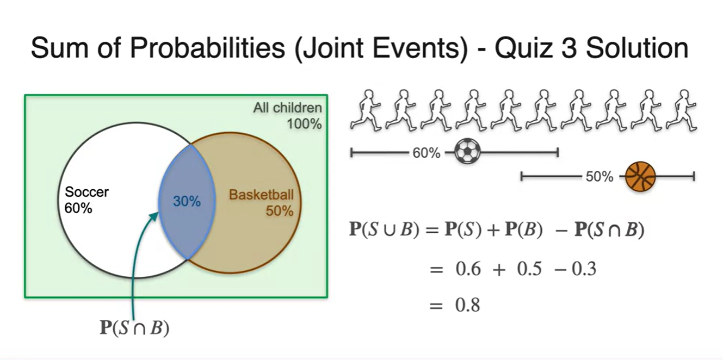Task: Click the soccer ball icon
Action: click(x=467, y=152)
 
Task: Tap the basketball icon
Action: click(x=640, y=176)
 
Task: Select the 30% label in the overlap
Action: click(x=187, y=201)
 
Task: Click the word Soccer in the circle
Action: click(x=87, y=192)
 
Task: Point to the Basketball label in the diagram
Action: click(x=261, y=195)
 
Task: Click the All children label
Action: click(x=287, y=108)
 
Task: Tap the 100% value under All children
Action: click(x=304, y=124)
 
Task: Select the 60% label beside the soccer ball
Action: click(x=426, y=153)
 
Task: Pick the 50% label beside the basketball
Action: click(x=600, y=177)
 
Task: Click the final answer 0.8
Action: click(x=467, y=305)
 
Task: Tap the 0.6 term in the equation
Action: click(x=468, y=269)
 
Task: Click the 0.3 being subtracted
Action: click(x=584, y=269)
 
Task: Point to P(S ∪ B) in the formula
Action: click(x=383, y=230)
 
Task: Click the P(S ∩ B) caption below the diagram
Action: click(x=134, y=329)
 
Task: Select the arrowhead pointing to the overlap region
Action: click(x=155, y=216)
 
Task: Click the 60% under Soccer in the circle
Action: click(x=78, y=208)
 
